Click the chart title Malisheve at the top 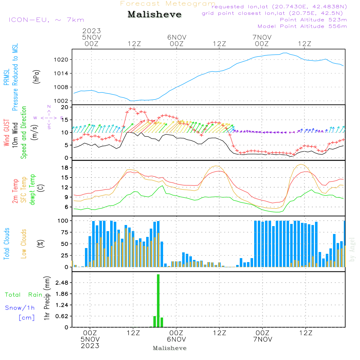[x=154, y=15]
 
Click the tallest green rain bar [x=158, y=301]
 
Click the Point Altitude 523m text [x=313, y=20]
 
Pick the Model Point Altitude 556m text [x=302, y=26]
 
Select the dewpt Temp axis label [x=32, y=189]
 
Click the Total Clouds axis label [x=6, y=244]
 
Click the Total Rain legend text [x=24, y=295]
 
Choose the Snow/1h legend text [x=20, y=308]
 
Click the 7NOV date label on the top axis [x=262, y=37]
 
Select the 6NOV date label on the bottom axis [x=176, y=339]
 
